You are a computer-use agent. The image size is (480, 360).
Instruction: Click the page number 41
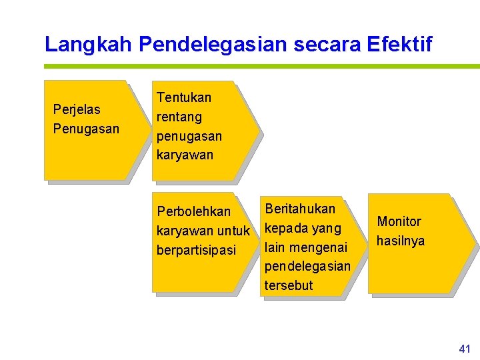[465, 349]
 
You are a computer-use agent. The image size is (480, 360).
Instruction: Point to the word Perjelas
[76, 109]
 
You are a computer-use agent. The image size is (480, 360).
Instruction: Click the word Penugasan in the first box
[85, 129]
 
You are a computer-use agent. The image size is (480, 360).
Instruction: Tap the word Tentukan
[183, 97]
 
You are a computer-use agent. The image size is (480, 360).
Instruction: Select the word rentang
[179, 117]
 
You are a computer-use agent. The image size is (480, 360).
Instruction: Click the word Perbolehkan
[193, 211]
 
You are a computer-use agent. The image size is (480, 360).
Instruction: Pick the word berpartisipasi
[196, 250]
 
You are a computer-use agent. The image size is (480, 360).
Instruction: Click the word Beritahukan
[300, 209]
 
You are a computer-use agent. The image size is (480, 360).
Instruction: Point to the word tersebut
[288, 286]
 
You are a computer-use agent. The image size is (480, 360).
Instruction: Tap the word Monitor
[399, 221]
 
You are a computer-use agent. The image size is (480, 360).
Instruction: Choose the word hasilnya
[400, 241]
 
